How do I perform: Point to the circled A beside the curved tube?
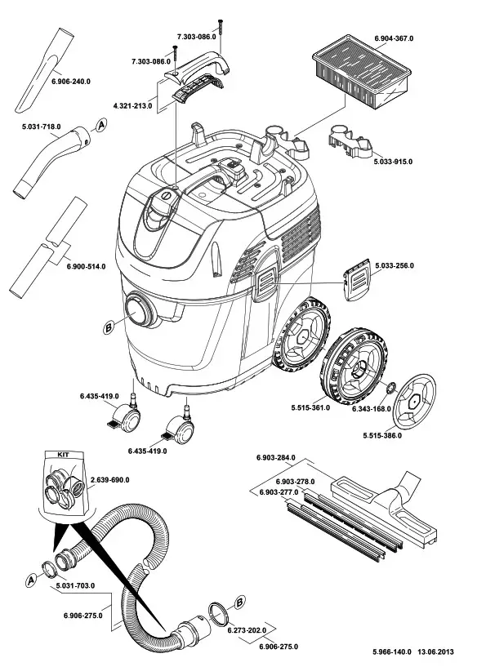pos(101,125)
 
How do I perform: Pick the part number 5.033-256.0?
pos(395,266)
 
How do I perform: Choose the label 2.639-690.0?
pos(109,479)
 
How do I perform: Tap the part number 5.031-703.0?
pos(74,585)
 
